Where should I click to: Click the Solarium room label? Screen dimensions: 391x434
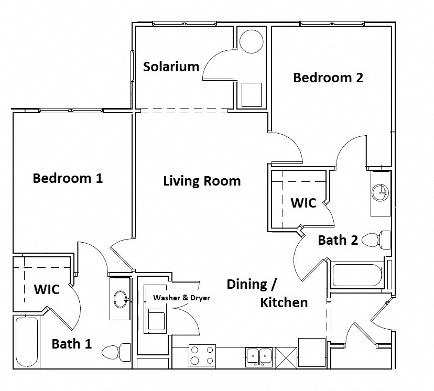[171, 67]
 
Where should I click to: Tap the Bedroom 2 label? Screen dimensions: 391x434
[328, 78]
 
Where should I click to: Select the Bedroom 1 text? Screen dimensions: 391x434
[68, 178]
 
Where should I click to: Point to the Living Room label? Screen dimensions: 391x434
[202, 181]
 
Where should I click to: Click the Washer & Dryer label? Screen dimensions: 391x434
[181, 298]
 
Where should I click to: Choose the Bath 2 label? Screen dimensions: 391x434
[338, 240]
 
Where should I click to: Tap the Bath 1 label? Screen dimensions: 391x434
[72, 344]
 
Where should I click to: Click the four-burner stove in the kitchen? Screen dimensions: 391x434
[202, 355]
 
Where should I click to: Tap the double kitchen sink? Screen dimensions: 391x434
[259, 356]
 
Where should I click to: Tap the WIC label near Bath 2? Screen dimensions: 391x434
[303, 202]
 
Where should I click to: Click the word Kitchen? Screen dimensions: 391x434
[284, 302]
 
